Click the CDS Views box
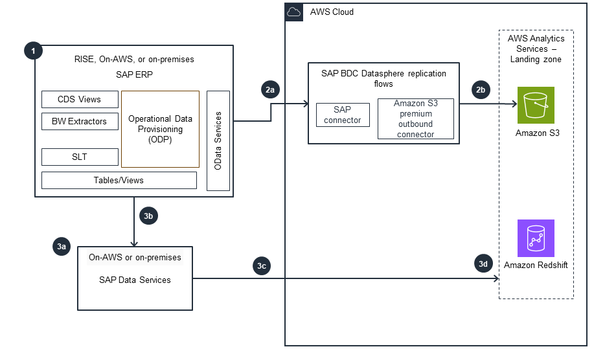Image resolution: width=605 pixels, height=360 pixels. click(x=80, y=99)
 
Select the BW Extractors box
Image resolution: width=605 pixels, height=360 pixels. click(x=80, y=120)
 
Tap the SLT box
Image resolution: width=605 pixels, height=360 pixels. click(x=80, y=157)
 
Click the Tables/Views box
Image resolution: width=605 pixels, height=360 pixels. click(x=119, y=180)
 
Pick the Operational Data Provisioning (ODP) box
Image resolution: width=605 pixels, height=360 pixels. click(x=160, y=129)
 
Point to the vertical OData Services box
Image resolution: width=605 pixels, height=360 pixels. click(x=218, y=141)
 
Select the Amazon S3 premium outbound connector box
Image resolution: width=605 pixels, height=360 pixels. click(x=415, y=118)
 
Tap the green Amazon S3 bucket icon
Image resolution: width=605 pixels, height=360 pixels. click(x=536, y=105)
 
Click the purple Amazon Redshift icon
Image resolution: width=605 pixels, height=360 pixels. click(x=536, y=238)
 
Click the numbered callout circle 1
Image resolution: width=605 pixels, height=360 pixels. click(x=32, y=50)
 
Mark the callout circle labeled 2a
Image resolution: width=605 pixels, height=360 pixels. click(x=270, y=90)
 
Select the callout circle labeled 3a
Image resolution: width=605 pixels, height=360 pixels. click(x=62, y=246)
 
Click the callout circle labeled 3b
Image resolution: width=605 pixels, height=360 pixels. click(x=148, y=216)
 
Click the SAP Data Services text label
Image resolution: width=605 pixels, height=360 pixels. click(x=135, y=280)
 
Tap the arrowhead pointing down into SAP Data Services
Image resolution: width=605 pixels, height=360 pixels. click(x=134, y=243)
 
